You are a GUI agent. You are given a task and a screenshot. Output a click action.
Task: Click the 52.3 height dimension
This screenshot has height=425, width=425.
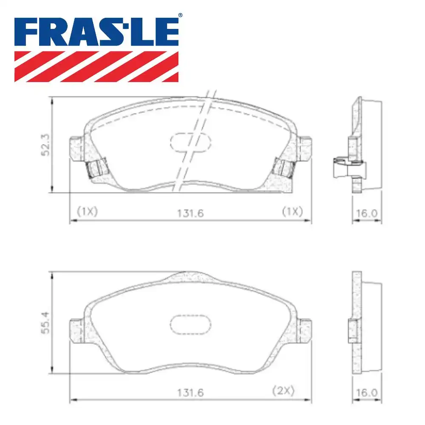coord(47,144)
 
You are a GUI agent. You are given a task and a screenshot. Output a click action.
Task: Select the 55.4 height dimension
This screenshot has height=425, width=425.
coord(47,324)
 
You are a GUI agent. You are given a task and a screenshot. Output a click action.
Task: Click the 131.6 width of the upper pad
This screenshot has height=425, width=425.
coord(190,212)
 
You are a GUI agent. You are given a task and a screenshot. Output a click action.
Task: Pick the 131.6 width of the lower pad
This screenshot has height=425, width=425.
coord(190,392)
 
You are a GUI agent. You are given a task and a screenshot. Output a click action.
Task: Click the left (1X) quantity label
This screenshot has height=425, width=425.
coord(87,211)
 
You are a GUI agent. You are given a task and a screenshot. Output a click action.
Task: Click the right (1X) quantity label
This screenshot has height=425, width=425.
coord(292,211)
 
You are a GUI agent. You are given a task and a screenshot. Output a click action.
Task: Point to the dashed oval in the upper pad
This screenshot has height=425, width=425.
coord(190,142)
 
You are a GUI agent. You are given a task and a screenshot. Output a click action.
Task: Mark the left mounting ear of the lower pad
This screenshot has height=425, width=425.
coord(76,331)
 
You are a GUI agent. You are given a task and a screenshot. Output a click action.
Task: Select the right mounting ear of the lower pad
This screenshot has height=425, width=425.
coord(305,331)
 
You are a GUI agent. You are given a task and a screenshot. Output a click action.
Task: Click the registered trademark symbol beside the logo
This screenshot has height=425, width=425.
coord(180,15)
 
